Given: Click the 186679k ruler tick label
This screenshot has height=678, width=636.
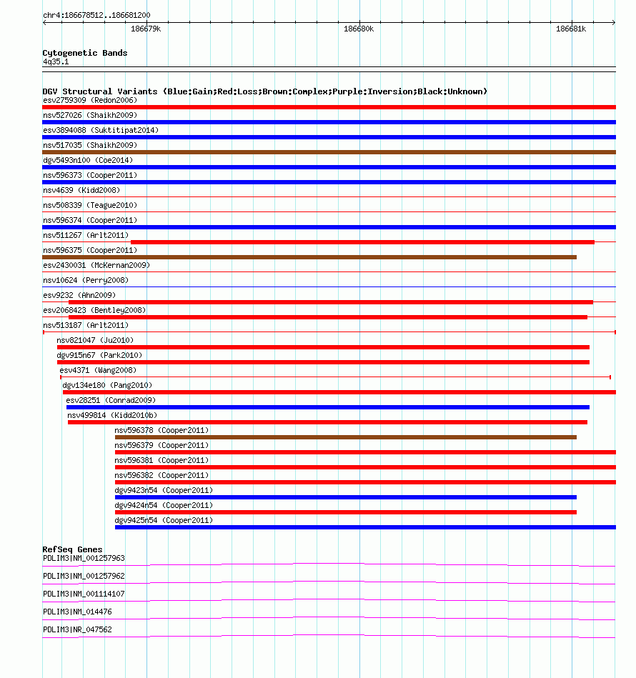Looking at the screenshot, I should tap(146, 29).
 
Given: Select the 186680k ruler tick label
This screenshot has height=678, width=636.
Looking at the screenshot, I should tap(359, 29).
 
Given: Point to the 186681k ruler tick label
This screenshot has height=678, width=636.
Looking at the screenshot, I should tap(571, 29).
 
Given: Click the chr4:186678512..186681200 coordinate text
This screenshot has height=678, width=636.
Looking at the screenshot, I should tap(96, 15).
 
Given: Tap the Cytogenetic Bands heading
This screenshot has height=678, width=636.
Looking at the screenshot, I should tap(85, 53).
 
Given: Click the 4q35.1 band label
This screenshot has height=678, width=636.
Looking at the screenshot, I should tap(56, 62).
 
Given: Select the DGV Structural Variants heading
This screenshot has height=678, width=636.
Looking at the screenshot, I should tap(264, 91).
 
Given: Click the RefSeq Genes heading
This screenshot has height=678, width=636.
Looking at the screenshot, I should tap(72, 549).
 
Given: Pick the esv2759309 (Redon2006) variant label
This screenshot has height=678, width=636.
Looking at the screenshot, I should tap(90, 100).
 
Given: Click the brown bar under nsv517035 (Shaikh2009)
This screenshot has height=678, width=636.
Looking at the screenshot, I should tap(329, 152).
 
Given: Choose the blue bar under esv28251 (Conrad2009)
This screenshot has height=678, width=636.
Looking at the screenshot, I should tap(328, 407).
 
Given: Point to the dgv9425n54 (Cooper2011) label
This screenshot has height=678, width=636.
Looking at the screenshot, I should tap(164, 520).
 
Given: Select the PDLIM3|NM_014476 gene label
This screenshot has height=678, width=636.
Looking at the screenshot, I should tap(77, 612).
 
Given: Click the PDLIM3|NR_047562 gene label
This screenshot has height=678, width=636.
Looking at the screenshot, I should tap(77, 629).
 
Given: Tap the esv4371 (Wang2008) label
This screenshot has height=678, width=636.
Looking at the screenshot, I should tap(98, 370).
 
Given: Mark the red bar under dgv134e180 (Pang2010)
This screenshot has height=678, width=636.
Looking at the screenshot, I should tap(339, 392).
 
